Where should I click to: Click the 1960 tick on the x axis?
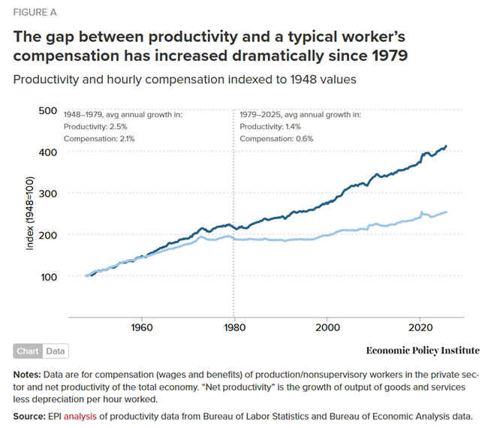[x=142, y=327]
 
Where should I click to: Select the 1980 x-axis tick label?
[x=234, y=327]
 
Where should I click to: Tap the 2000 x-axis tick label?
[x=327, y=327]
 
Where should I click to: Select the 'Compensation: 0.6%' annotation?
[x=276, y=139]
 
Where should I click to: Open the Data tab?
[x=55, y=351]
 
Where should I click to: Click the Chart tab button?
[x=28, y=351]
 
